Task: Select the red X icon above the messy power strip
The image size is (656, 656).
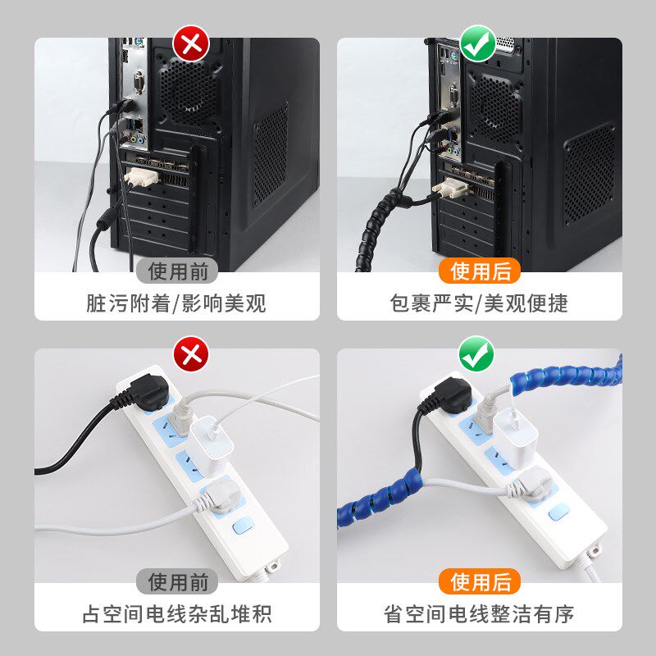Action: coord(192,354)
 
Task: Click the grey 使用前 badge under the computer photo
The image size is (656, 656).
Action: coord(178,271)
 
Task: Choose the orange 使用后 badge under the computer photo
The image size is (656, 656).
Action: coord(481,271)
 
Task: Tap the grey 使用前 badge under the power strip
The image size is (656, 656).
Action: coord(178,581)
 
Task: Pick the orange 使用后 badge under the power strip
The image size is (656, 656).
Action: coord(481,581)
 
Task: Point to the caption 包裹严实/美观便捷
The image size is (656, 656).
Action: coord(479,303)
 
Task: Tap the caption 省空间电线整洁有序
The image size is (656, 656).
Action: coord(479,613)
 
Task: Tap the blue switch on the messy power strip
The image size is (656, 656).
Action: coord(242,525)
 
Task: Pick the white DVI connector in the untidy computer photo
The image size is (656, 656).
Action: coord(139,175)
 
